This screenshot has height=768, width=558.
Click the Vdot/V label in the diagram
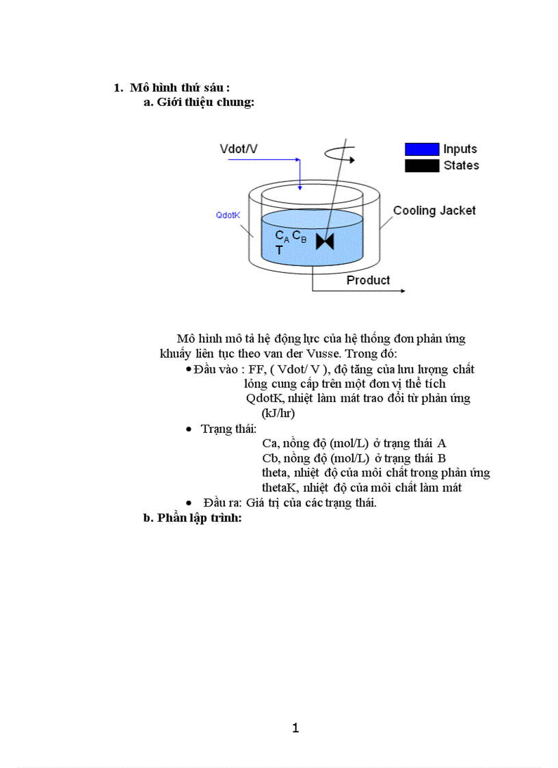(x=239, y=148)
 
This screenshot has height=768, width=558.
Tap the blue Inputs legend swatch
(x=421, y=149)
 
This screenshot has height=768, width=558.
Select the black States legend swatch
(x=421, y=165)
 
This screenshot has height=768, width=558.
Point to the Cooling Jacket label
(x=434, y=211)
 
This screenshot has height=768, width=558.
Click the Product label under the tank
(x=368, y=280)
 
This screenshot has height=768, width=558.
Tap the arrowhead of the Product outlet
(x=401, y=291)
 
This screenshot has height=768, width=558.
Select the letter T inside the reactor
(x=279, y=251)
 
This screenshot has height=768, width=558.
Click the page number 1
(x=295, y=728)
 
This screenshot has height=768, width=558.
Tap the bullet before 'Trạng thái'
(x=189, y=429)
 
